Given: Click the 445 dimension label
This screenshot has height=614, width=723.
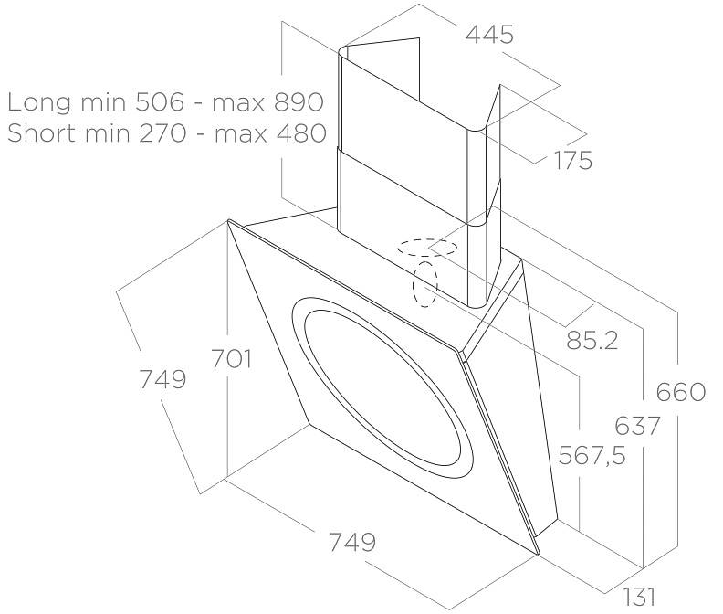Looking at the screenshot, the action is [489, 35].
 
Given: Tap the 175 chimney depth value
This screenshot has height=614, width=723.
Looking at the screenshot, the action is [572, 160].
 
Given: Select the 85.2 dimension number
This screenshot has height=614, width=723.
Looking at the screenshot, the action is [592, 340].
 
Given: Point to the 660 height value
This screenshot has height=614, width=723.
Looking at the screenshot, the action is [681, 392].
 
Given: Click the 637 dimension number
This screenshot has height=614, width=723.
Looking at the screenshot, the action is [637, 426].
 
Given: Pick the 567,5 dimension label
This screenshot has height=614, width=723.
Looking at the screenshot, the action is [592, 455].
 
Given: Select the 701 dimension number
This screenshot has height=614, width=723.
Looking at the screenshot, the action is [232, 358].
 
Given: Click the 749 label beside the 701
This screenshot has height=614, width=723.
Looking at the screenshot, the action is [162, 379].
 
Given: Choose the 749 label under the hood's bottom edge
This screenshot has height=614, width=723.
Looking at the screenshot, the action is [352, 542].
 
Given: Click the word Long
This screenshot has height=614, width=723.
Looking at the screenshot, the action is [39, 102].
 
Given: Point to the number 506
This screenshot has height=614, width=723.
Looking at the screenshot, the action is [160, 101].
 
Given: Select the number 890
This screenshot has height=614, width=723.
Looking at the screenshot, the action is [299, 101].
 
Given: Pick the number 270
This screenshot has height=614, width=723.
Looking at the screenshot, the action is [162, 133].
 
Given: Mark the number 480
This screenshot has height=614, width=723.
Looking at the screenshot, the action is [301, 133].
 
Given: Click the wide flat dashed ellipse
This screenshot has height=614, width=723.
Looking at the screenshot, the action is [426, 248].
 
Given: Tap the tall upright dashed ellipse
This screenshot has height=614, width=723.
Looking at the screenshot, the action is [425, 284].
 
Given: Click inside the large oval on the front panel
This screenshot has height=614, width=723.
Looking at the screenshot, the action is [382, 387].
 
